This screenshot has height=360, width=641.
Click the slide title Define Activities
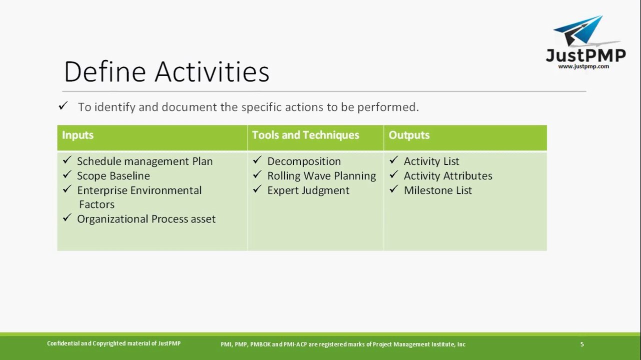(166, 71)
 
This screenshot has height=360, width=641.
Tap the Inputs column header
(77, 135)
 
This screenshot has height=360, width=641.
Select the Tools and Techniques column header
(305, 135)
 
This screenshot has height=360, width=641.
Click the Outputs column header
(409, 135)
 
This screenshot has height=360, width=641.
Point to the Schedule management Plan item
(144, 161)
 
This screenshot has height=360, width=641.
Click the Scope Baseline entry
(113, 175)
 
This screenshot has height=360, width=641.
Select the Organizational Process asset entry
(146, 219)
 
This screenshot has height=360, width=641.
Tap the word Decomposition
(304, 161)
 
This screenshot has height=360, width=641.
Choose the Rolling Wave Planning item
(321, 175)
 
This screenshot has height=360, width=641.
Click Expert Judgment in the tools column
(308, 190)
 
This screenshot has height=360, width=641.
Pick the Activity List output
(431, 161)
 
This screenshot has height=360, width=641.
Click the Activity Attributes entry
(448, 175)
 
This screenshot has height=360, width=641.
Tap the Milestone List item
(437, 190)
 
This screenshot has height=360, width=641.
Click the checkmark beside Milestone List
(393, 189)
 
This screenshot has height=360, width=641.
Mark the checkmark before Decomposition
(257, 160)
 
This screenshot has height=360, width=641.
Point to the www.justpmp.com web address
(583, 66)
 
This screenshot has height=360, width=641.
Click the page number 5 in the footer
(581, 344)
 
